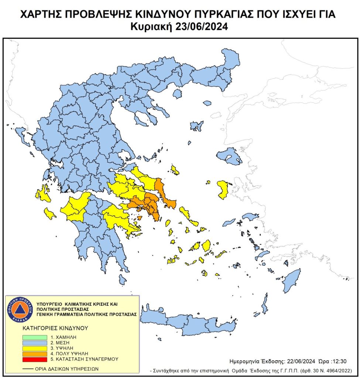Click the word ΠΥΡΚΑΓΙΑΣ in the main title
(221, 15)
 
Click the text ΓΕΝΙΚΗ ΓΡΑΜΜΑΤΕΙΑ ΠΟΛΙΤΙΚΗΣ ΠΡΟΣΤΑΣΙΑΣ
(87, 314)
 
